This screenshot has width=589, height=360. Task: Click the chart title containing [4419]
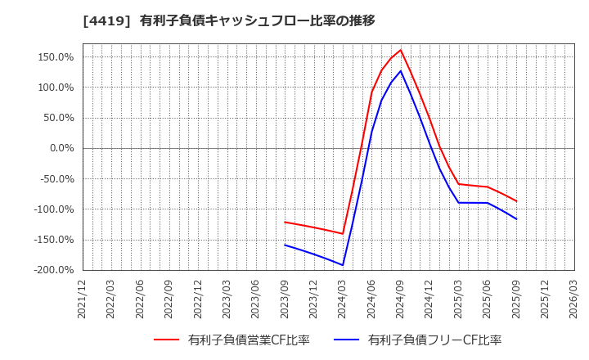tap(228, 20)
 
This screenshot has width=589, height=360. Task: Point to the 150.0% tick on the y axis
tap(56, 57)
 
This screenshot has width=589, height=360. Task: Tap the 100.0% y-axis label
tap(56, 88)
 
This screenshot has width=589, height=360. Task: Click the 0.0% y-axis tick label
tap(61, 148)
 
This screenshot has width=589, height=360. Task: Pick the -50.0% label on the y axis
tap(56, 179)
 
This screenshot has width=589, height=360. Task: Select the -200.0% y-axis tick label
tap(53, 270)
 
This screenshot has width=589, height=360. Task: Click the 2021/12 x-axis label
tap(82, 299)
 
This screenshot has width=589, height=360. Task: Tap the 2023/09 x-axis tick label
tap(285, 299)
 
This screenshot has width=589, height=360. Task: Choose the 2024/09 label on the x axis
tap(400, 299)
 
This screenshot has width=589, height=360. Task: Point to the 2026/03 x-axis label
tap(573, 299)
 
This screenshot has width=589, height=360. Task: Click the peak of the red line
tap(400, 50)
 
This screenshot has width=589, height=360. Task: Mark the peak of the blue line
tap(400, 70)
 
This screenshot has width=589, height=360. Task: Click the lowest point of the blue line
tap(343, 265)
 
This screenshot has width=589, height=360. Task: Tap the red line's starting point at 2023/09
tap(285, 222)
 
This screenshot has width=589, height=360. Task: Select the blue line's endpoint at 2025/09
tap(516, 219)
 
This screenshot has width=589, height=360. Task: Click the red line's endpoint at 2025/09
tap(516, 201)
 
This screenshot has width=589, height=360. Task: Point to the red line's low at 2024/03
tap(343, 234)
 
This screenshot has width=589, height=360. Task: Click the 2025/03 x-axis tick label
tap(458, 299)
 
